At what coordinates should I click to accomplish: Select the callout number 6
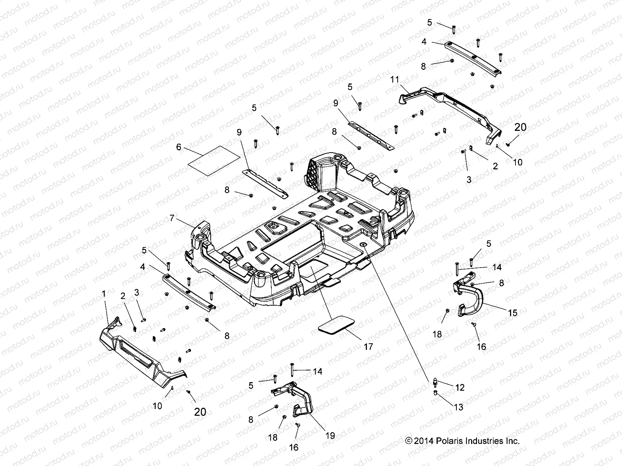(178, 147)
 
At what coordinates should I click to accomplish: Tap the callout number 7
(172, 218)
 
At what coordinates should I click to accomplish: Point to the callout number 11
(395, 80)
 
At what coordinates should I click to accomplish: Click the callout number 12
(460, 387)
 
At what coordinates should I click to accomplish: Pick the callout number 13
(459, 407)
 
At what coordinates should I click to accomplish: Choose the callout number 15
(513, 313)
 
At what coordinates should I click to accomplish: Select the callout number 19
(330, 436)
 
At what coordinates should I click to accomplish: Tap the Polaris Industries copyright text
(462, 441)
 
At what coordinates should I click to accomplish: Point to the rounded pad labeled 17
(337, 325)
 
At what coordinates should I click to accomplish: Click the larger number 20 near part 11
(521, 127)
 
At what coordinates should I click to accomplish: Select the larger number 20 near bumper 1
(200, 412)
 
